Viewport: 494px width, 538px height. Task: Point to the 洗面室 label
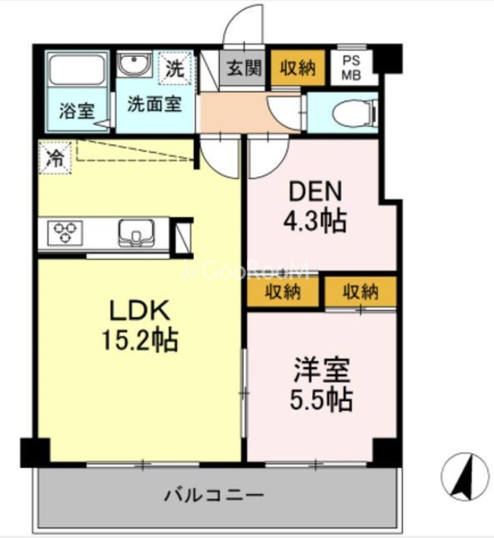coord(153,103)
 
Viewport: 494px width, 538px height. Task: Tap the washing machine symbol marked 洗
coord(175,68)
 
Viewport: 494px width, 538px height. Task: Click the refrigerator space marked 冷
coord(55,159)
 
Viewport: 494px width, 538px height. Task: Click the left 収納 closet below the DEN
coord(282,291)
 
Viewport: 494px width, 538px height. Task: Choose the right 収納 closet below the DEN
coord(359,290)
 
